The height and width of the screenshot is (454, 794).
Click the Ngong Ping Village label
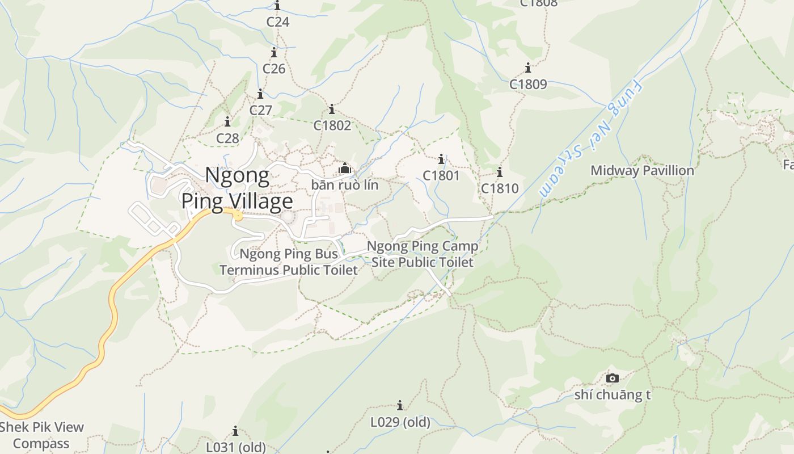click(x=237, y=188)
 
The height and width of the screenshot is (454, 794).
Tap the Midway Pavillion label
click(x=642, y=170)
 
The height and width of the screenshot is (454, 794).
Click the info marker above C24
click(x=277, y=6)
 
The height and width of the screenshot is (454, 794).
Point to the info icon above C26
click(x=274, y=53)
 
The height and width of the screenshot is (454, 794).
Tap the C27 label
click(x=261, y=110)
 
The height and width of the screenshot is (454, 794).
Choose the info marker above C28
click(x=227, y=121)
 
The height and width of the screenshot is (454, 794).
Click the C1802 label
click(x=332, y=125)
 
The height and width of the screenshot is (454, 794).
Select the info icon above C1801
click(x=441, y=159)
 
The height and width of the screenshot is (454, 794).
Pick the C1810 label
click(x=500, y=188)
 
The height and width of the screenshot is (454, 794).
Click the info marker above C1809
click(x=528, y=68)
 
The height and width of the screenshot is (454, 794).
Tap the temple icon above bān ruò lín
click(x=344, y=169)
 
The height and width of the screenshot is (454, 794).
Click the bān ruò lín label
click(x=344, y=185)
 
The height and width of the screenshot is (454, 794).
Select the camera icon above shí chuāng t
click(x=613, y=378)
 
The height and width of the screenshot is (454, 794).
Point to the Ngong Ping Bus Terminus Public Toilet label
click(x=289, y=262)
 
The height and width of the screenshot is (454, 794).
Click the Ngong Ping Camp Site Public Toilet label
click(x=423, y=254)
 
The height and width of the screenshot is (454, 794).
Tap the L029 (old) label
click(x=400, y=422)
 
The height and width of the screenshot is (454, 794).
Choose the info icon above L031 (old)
click(x=235, y=431)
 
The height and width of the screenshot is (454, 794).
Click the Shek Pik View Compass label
click(x=42, y=435)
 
